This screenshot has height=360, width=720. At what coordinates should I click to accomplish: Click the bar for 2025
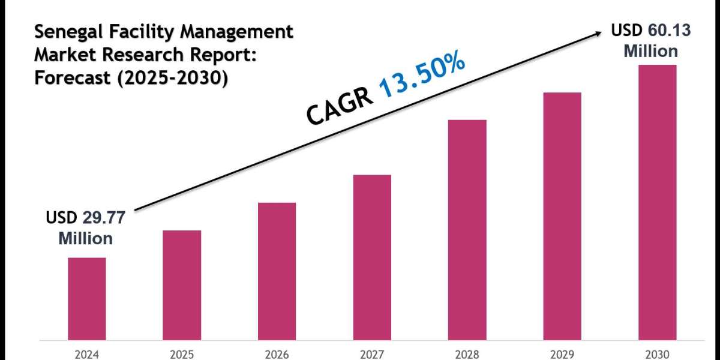pos(182,284)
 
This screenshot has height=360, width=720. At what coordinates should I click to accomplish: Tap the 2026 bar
pos(277,271)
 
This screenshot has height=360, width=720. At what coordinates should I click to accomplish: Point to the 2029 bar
pos(562,215)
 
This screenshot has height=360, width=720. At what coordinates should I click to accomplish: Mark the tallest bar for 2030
pos(657,202)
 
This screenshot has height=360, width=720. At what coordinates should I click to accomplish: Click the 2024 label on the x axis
pos(86,353)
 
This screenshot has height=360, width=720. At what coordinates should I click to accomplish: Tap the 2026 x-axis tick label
pos(277,353)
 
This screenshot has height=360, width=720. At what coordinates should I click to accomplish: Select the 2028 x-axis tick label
pos(467,353)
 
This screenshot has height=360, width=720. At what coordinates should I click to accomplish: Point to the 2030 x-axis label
pos(657,353)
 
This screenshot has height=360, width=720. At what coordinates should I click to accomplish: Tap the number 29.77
pos(103,218)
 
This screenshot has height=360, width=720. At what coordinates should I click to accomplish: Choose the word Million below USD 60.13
pos(651,51)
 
